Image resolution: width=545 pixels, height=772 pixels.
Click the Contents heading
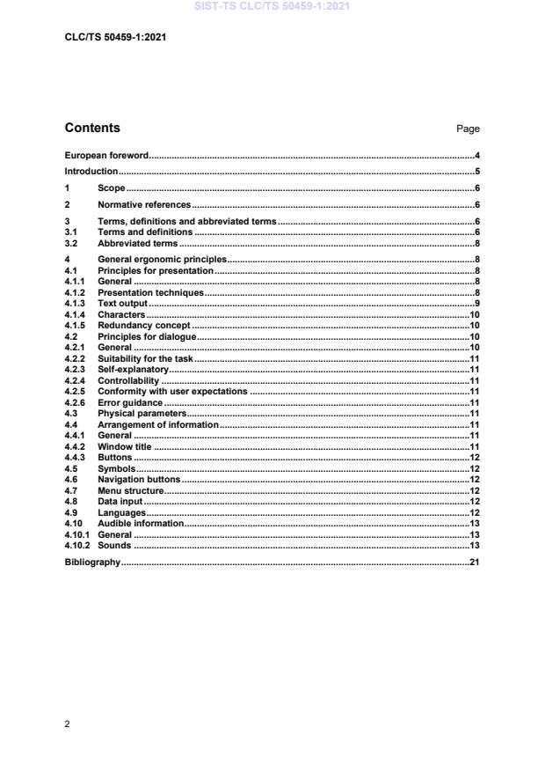click(x=92, y=128)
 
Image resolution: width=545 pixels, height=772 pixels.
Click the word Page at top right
click(x=468, y=129)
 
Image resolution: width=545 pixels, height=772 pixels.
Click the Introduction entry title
click(x=91, y=171)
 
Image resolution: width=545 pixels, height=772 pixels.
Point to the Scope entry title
click(x=111, y=188)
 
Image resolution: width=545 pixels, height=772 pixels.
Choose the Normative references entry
click(x=143, y=205)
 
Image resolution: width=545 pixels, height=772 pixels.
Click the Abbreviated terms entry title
click(x=137, y=242)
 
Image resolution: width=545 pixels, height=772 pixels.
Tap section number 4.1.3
click(x=76, y=303)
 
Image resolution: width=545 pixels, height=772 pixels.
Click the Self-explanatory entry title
click(x=133, y=369)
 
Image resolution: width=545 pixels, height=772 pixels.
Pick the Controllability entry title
click(x=129, y=380)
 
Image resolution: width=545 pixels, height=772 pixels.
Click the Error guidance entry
click(x=130, y=402)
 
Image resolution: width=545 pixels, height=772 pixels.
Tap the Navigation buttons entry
click(x=139, y=480)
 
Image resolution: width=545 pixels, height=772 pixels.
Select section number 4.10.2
click(x=79, y=546)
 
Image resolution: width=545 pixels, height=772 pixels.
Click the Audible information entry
click(x=141, y=524)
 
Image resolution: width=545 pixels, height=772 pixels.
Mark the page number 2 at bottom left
click(x=68, y=724)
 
